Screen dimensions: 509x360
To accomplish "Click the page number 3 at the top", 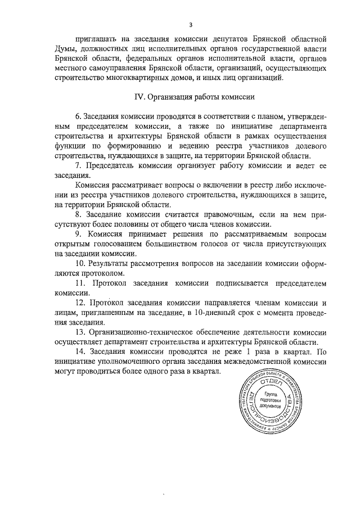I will click(191, 25).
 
